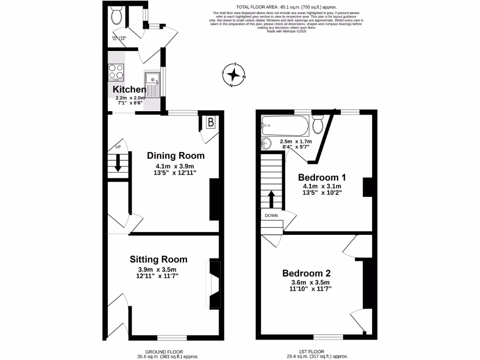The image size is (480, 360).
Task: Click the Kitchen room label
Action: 129,89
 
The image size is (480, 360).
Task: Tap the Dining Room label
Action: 176,156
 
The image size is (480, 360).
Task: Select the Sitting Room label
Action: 158,259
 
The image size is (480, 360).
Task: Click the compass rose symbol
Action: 233,75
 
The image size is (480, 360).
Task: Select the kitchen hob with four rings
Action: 116,72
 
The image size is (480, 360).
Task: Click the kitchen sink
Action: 152,84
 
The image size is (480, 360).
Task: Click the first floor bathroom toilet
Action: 317,125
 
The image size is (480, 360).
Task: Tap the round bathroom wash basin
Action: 266,143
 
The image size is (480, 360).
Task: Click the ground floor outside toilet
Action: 116,17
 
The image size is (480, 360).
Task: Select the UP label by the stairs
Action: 118,147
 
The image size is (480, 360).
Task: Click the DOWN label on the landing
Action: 271,216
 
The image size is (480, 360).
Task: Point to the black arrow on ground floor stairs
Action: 118,164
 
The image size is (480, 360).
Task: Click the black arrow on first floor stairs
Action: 271,198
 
